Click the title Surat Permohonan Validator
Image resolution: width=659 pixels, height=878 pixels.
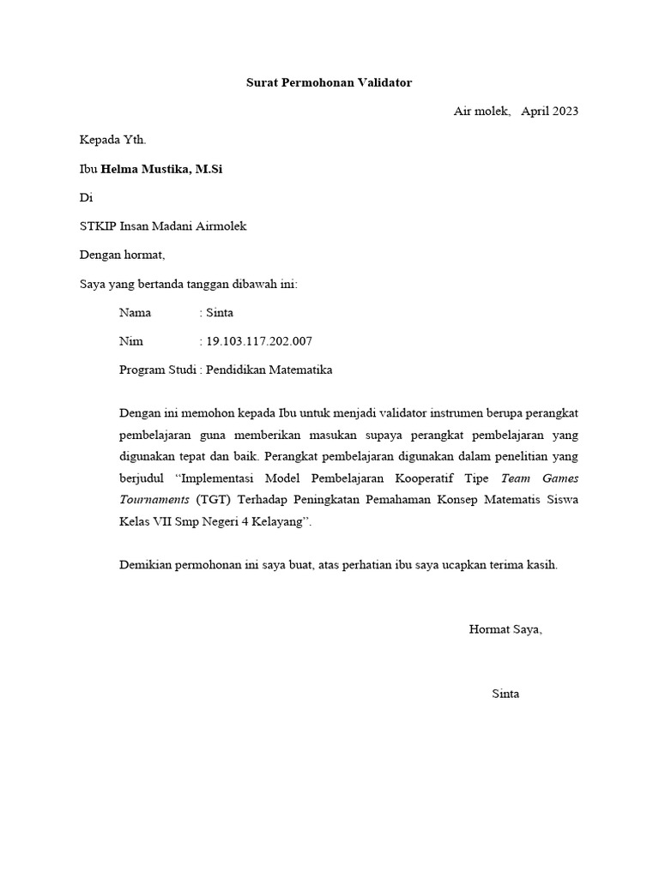tap(329, 83)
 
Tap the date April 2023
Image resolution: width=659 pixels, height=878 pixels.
tap(550, 111)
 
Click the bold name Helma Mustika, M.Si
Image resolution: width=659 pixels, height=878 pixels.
tap(162, 169)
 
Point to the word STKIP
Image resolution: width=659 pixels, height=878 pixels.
tap(100, 226)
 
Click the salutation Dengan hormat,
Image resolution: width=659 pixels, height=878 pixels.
tap(122, 255)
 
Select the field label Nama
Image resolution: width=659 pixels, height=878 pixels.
tap(135, 313)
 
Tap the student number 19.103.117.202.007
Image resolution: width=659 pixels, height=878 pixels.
tap(259, 341)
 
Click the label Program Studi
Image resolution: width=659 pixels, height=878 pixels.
tap(157, 370)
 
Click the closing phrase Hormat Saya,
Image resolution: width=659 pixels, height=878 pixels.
tap(505, 629)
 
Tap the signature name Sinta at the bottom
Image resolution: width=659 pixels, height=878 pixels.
tap(505, 694)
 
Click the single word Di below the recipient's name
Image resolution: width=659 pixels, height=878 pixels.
tap(85, 197)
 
